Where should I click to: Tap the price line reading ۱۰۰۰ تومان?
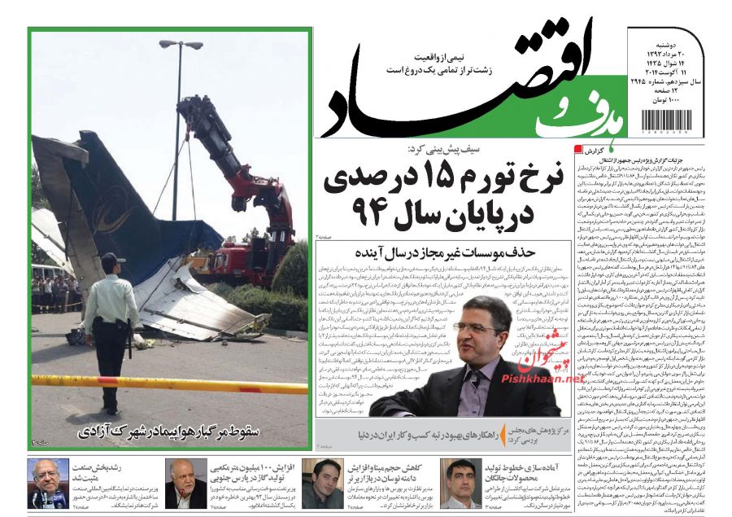point(680,100)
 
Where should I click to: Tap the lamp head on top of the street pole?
point(181,45)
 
